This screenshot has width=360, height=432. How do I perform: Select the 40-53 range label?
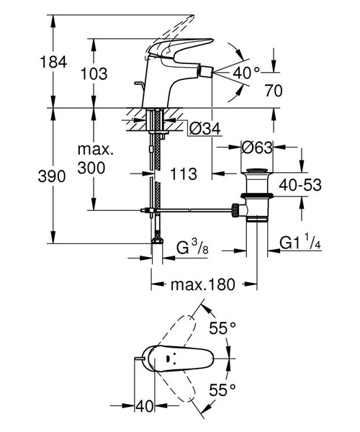coord(320,184)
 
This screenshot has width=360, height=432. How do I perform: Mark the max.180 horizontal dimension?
coord(202,284)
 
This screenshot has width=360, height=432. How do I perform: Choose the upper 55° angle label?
coord(223,328)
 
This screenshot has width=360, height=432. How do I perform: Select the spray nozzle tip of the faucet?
coord(214,73)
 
